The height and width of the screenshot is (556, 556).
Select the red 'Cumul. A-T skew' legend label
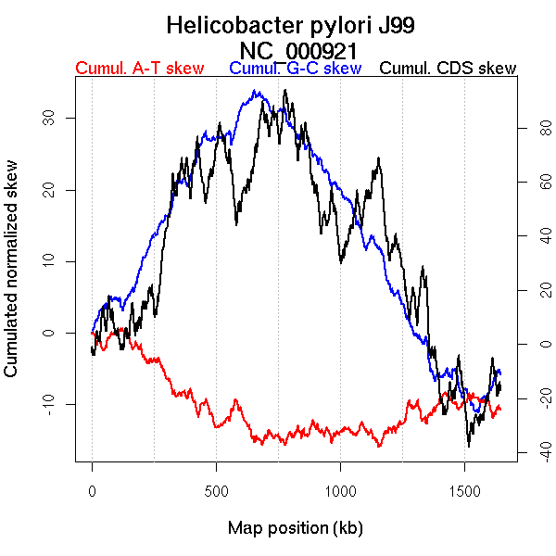tap(139, 69)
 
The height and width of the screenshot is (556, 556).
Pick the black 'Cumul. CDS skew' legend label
tap(449, 69)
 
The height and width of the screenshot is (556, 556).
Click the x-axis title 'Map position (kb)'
tap(295, 528)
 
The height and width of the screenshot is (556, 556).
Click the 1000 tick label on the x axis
tap(340, 490)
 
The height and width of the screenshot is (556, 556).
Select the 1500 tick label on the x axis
tap(464, 490)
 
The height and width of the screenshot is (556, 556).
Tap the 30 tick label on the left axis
tap(47, 119)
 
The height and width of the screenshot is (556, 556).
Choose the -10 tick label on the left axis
tap(47, 404)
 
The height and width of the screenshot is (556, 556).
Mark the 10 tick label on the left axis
tap(47, 261)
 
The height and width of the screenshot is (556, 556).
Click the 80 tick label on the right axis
tap(533, 130)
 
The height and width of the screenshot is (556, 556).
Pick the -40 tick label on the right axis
tap(533, 451)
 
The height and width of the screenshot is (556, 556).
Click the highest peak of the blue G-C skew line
tap(254, 91)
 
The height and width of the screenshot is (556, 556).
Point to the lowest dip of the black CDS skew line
tap(469, 446)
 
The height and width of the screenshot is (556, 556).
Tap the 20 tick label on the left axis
tap(47, 190)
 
